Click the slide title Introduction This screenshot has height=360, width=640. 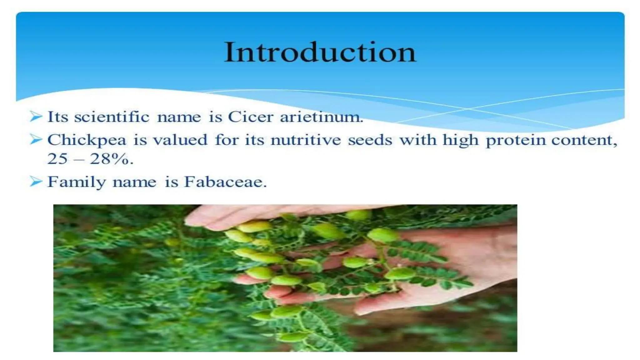(320, 52)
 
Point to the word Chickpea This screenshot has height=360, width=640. (87, 140)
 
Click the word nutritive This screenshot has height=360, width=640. (306, 140)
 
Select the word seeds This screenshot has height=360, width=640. (370, 140)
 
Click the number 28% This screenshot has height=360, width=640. (111, 159)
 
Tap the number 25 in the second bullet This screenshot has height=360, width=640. (57, 159)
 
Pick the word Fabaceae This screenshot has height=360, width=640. (225, 182)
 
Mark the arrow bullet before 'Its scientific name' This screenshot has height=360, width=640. (36, 117)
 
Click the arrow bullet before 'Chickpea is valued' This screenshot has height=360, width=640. (36, 139)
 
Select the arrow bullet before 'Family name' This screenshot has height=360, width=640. (36, 181)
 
